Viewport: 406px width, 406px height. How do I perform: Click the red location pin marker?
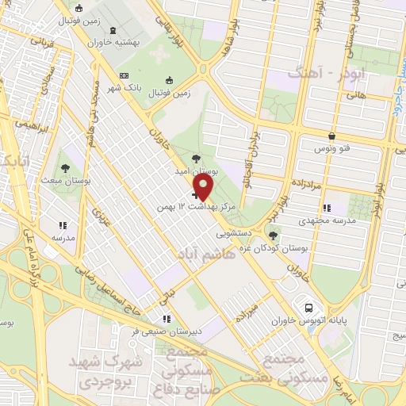click(x=204, y=188)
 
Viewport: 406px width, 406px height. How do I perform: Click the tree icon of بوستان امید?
click(x=196, y=159)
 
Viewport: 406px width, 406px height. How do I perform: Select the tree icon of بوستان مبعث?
click(x=63, y=168)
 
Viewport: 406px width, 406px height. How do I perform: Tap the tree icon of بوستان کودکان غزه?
click(x=273, y=236)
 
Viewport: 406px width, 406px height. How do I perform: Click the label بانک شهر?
click(x=127, y=88)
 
